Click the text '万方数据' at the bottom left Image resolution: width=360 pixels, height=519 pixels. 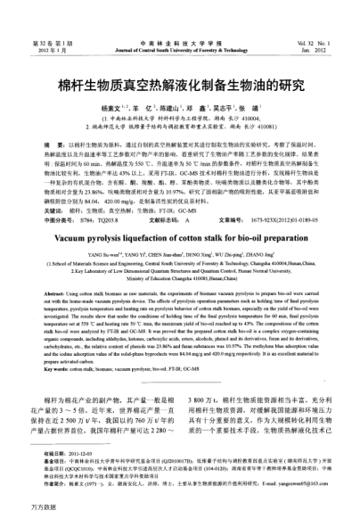coord(18,509)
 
